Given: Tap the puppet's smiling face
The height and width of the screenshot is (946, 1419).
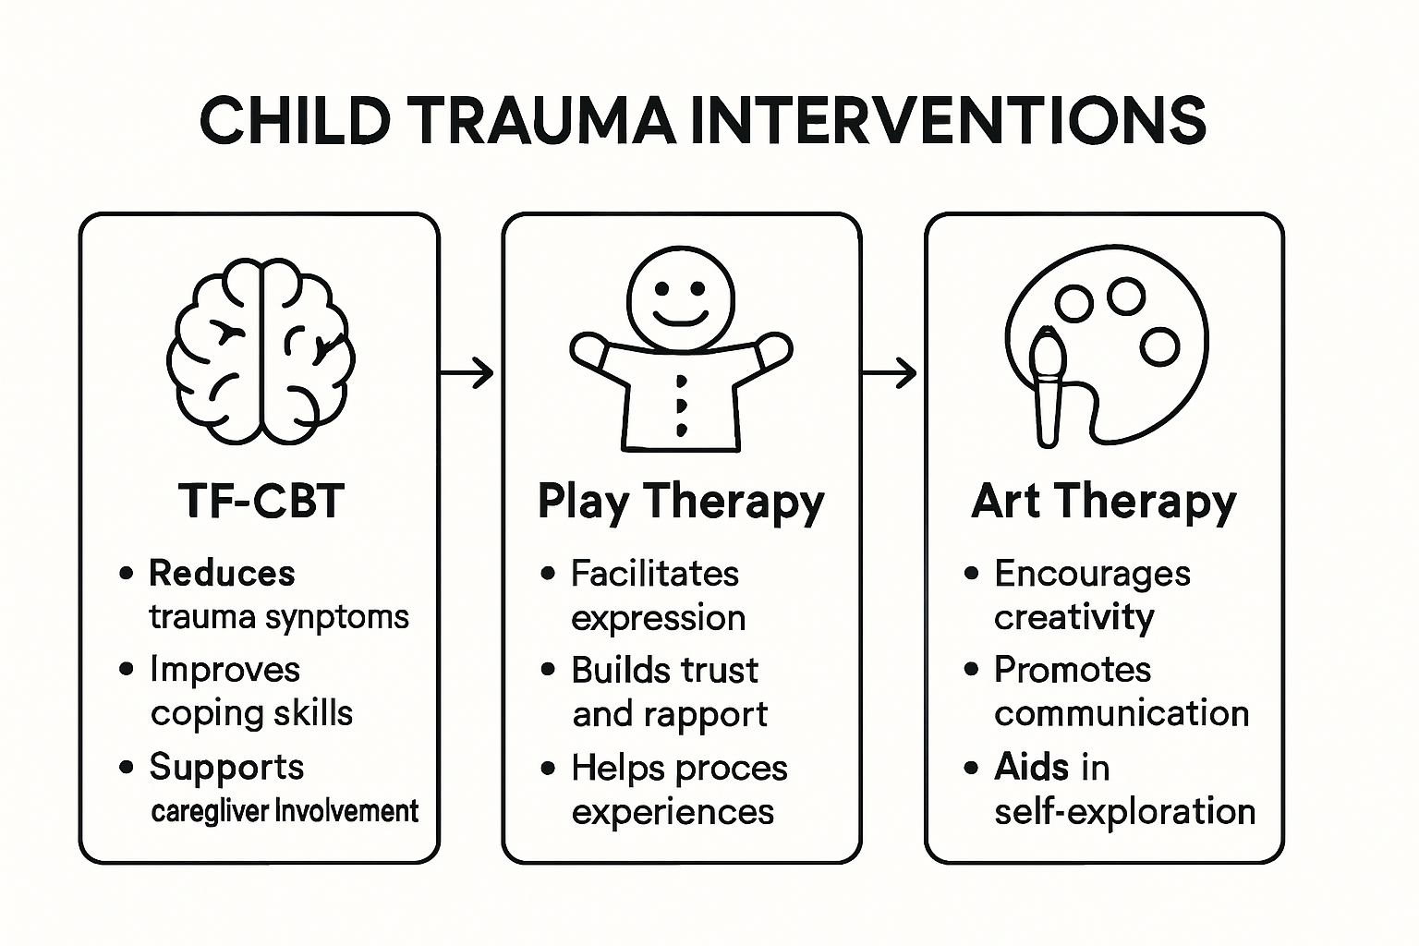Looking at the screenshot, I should [x=681, y=297].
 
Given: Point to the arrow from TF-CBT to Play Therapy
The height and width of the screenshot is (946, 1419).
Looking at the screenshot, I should [x=467, y=373].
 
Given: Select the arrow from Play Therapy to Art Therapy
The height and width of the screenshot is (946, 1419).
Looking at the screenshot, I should [x=890, y=373].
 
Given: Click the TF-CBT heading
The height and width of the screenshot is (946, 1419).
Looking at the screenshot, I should [x=261, y=502].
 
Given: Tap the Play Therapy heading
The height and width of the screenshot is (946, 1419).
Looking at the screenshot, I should [x=681, y=502].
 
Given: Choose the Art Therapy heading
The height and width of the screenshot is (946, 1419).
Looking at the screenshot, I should [x=1104, y=502].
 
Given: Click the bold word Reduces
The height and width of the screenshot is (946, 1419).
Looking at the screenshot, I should [x=222, y=574].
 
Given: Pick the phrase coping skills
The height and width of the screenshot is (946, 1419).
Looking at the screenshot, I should [x=251, y=713].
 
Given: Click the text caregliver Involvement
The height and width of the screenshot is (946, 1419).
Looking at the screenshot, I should [x=285, y=812].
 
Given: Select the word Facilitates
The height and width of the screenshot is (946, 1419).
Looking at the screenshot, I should [x=655, y=574].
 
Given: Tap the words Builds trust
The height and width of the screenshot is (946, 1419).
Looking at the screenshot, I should [x=664, y=670].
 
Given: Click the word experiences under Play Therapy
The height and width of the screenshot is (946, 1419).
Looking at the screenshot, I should [x=673, y=812].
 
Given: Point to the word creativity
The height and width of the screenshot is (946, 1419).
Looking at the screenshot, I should [x=1073, y=617].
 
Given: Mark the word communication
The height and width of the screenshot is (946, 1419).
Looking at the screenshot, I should [x=1122, y=713].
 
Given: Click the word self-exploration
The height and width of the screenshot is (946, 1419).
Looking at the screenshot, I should [x=1124, y=812].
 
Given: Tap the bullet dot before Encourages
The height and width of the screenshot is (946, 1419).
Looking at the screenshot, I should [x=971, y=574].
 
